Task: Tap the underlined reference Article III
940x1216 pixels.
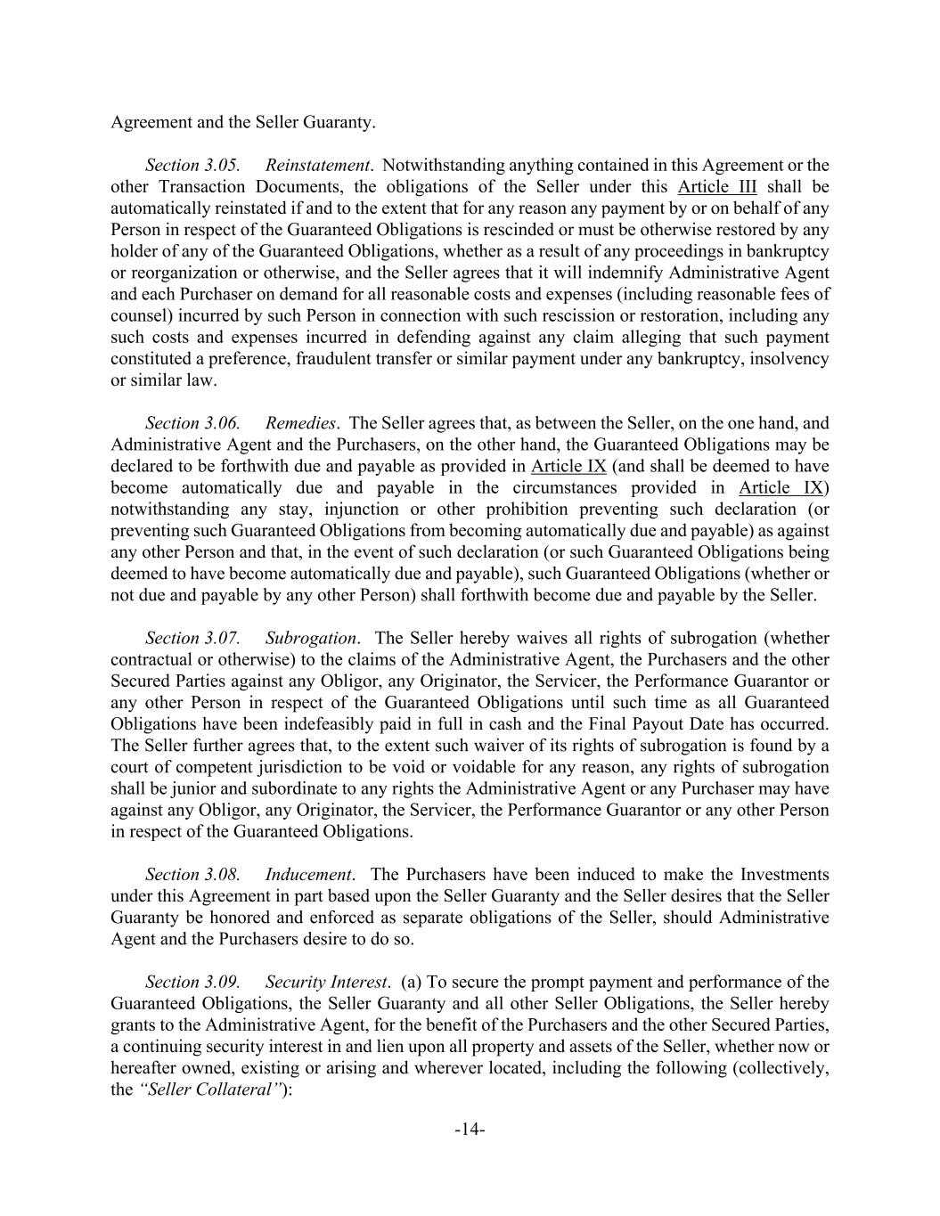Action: click(x=717, y=187)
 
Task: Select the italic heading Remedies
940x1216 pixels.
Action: click(x=300, y=423)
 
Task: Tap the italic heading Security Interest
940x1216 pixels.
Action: click(x=326, y=983)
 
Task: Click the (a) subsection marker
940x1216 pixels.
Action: click(x=412, y=983)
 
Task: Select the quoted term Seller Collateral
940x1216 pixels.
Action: click(x=212, y=1090)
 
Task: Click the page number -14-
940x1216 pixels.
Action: click(x=470, y=1130)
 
